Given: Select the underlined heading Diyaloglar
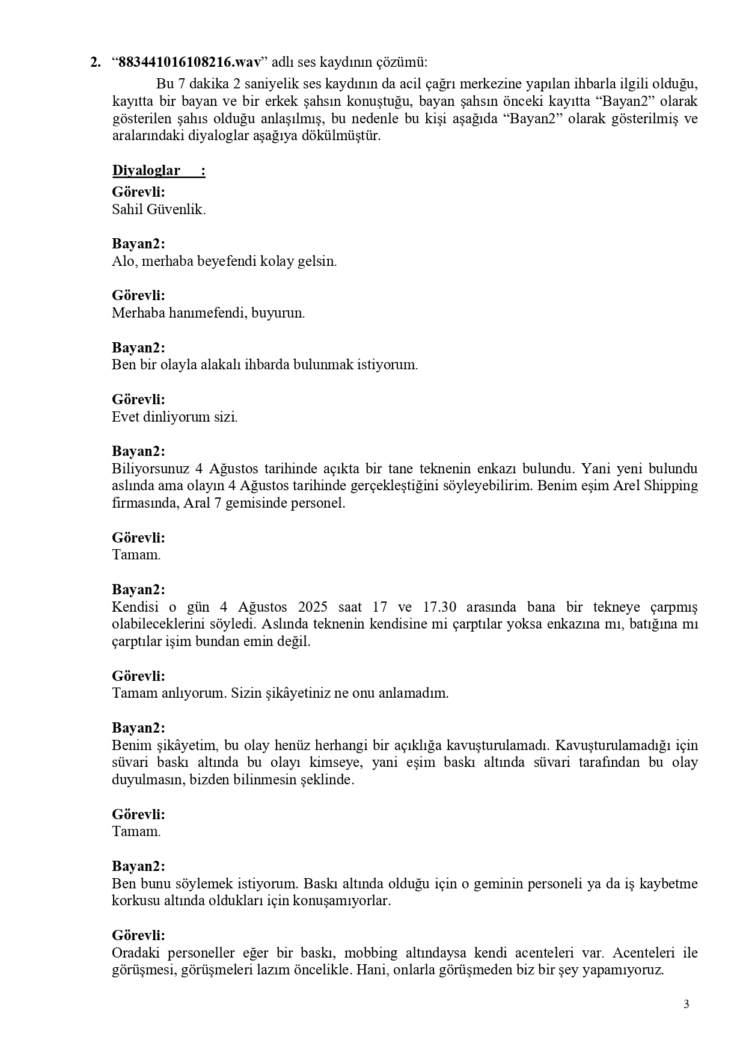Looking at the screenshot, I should click(x=146, y=171).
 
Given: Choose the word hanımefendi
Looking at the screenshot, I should click(x=205, y=313).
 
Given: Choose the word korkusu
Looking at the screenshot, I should click(x=133, y=901).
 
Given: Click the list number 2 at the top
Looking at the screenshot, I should click(x=95, y=63).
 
